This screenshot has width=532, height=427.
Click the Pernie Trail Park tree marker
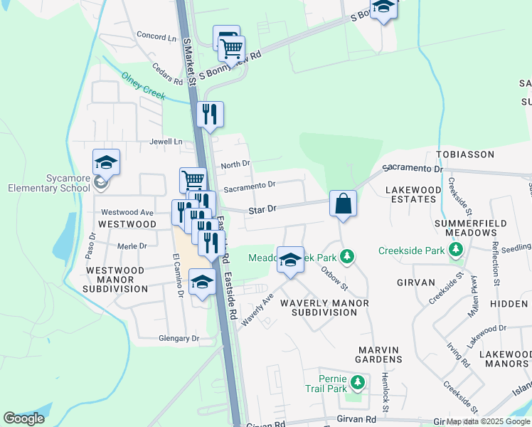click(358, 384)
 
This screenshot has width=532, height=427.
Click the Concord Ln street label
click(156, 36)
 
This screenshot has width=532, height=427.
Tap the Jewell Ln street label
click(166, 142)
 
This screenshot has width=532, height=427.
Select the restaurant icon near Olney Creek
click(210, 115)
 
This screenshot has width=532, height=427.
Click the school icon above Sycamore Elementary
click(105, 162)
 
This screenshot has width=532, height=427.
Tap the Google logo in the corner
click(23, 418)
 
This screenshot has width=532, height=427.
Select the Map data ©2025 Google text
click(488, 422)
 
